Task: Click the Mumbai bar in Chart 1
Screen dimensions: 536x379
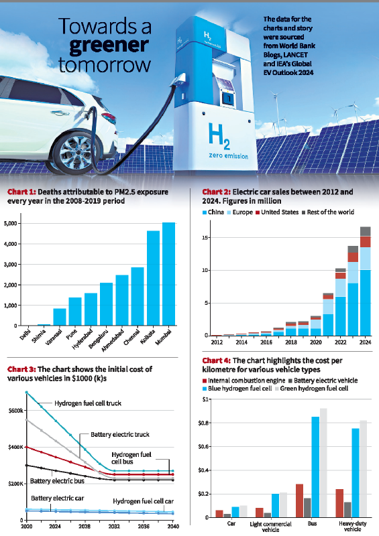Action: click(168, 274)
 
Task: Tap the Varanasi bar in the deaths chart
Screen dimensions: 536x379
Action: click(60, 317)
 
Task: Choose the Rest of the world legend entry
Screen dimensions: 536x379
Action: click(329, 212)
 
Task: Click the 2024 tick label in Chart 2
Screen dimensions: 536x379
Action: click(364, 342)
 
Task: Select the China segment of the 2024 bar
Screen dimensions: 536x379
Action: click(365, 302)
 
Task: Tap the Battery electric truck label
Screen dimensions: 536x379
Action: click(116, 434)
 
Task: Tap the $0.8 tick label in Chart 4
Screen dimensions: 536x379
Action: click(201, 423)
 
